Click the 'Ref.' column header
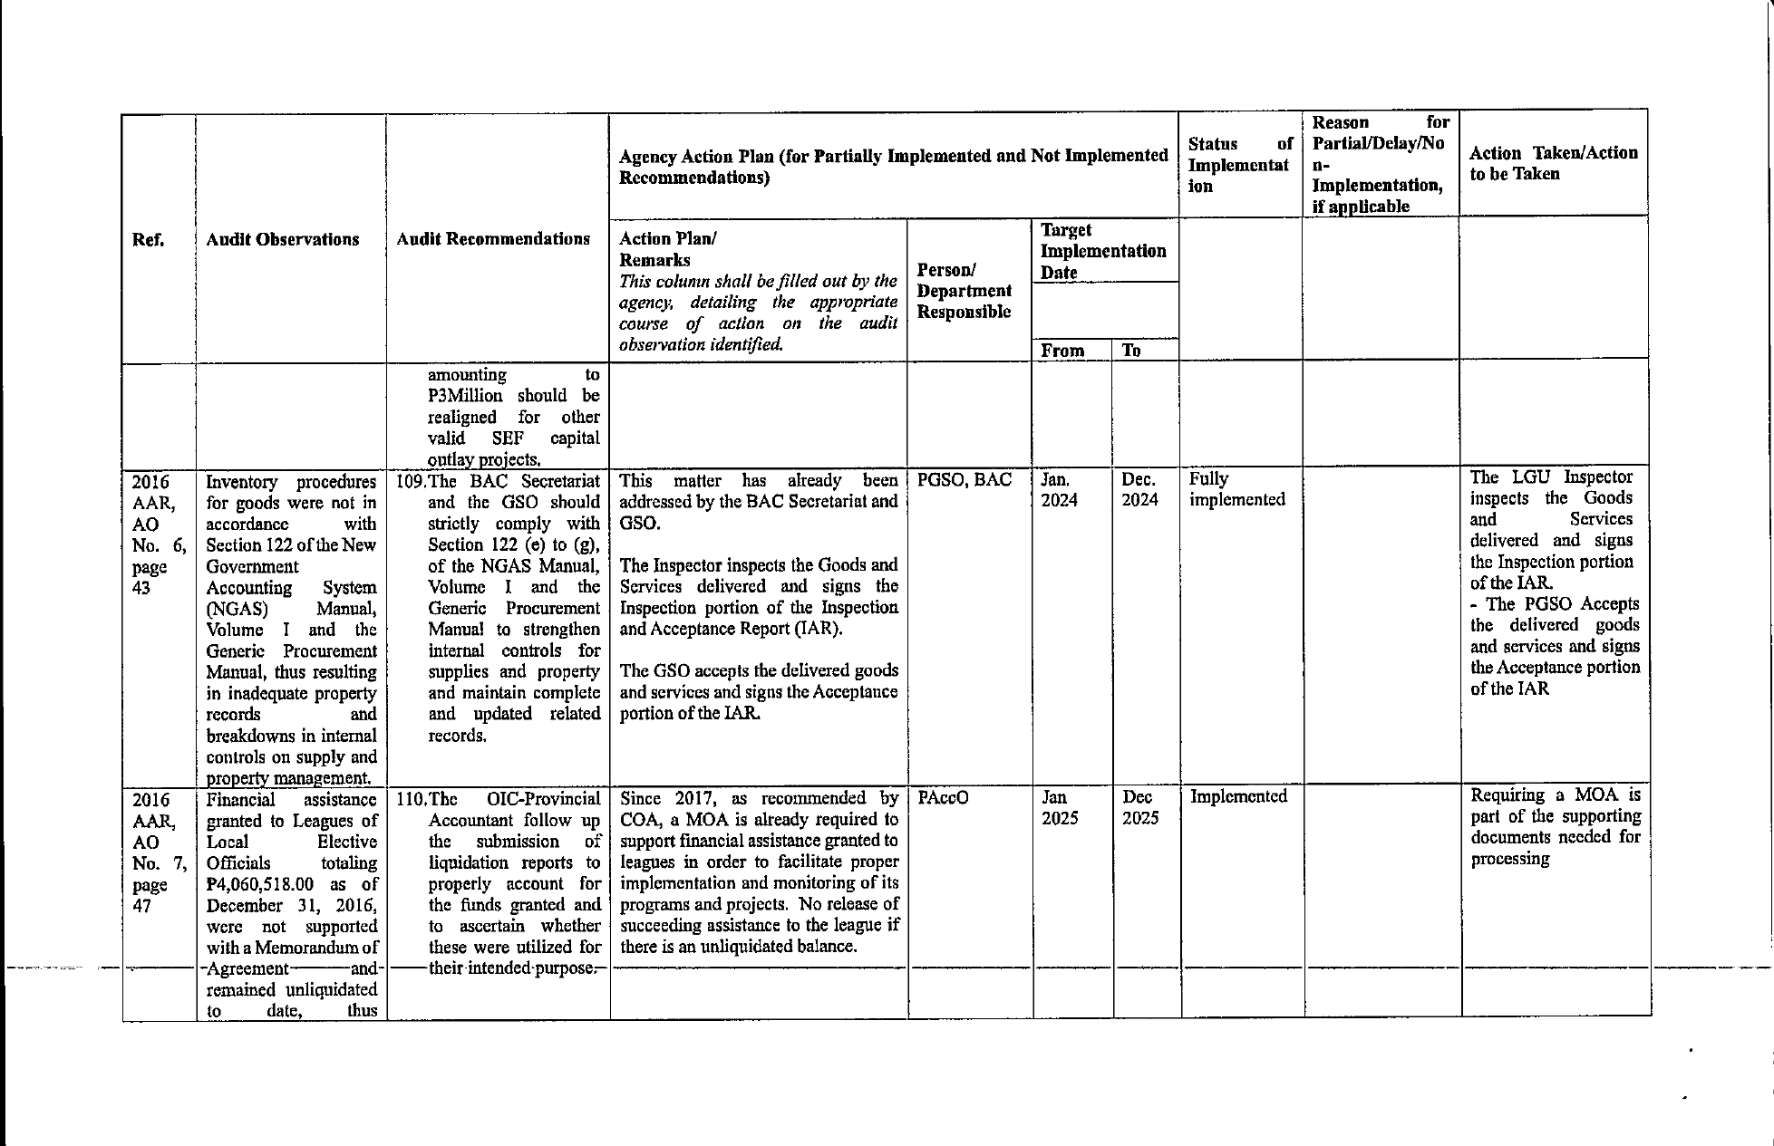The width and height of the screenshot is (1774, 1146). (148, 240)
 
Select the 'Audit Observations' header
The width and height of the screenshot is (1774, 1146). (282, 240)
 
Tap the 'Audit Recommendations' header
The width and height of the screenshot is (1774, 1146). (493, 239)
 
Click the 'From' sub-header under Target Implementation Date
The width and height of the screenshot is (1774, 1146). (1062, 351)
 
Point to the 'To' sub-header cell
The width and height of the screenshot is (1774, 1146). (1131, 351)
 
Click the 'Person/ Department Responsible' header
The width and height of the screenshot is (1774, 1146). (964, 291)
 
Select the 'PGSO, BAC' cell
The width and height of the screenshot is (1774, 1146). (964, 480)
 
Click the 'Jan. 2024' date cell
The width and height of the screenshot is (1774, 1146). (1058, 489)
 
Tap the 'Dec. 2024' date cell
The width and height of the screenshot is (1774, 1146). (1139, 489)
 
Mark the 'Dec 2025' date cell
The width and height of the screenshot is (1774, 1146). (1139, 808)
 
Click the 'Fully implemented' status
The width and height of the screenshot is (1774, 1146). (1236, 489)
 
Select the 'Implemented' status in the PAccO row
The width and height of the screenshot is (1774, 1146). (1238, 796)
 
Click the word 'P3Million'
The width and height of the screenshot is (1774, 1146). (465, 396)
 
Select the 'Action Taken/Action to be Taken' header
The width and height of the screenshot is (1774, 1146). (1553, 164)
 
